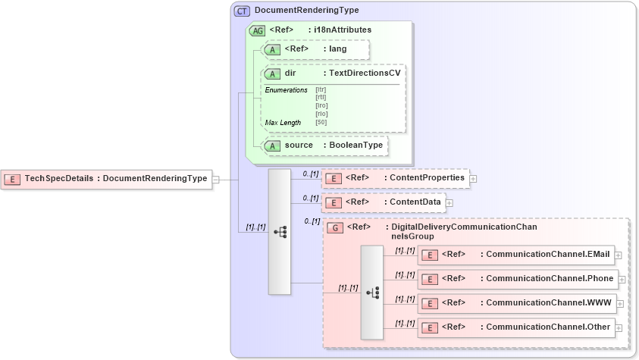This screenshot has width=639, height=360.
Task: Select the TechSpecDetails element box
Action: tap(106, 179)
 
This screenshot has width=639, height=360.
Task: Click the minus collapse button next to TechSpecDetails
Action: tap(216, 180)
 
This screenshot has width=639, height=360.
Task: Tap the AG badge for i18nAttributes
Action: tap(257, 30)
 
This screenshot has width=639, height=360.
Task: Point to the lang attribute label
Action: tap(337, 49)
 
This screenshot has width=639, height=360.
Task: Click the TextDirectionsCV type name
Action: tap(362, 74)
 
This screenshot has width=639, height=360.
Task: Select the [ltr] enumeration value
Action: tap(321, 89)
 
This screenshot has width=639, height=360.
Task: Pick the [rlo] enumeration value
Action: tap(321, 114)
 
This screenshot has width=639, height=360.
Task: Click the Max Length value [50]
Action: tap(321, 122)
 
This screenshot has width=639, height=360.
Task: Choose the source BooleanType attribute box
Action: tap(324, 145)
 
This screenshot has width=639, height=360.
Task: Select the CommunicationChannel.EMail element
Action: tap(518, 255)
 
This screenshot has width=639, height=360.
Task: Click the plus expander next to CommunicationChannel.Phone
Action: tap(622, 279)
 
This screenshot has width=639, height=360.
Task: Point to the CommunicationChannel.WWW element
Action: tap(517, 303)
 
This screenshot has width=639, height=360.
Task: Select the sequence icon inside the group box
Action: tap(371, 292)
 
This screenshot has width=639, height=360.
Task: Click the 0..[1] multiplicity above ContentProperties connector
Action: tap(311, 174)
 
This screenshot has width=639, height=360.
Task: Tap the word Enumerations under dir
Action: tap(286, 90)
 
